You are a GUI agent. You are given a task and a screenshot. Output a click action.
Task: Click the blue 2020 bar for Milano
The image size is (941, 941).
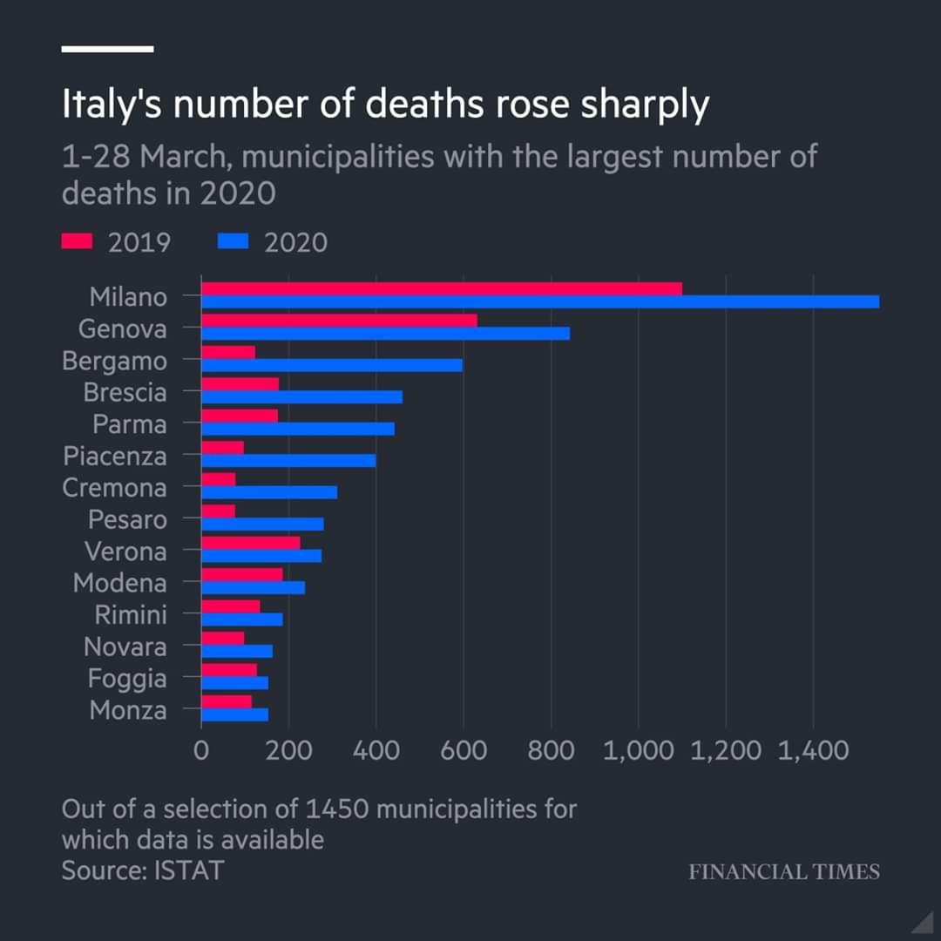point(540,301)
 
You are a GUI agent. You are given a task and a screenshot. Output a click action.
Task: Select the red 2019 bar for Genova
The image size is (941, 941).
point(339,320)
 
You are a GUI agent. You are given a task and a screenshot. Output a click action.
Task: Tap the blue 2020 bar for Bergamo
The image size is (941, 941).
point(332,365)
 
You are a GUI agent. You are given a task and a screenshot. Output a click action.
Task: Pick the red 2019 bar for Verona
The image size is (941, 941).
point(251,543)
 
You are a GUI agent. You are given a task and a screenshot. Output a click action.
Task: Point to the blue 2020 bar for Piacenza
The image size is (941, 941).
point(288,460)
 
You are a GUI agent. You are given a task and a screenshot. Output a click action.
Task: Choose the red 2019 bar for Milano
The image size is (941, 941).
point(442,288)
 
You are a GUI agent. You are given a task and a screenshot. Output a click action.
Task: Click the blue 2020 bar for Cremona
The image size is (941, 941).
point(269,492)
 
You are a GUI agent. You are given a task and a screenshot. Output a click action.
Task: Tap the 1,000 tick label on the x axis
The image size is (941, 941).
point(639,750)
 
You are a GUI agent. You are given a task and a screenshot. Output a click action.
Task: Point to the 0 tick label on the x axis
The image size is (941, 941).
point(201,750)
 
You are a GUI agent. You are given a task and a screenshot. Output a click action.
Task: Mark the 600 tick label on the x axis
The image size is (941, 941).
point(464,750)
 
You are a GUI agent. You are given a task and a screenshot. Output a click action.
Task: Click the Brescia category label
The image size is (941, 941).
point(125,393)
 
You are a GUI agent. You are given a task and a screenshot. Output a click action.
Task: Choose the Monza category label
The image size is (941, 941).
point(127,711)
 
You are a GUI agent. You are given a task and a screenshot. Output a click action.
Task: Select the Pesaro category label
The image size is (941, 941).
point(127,520)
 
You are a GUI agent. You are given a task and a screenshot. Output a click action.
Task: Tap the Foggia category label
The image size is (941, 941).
point(126,679)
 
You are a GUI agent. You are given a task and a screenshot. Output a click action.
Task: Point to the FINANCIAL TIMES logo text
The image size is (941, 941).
point(784,871)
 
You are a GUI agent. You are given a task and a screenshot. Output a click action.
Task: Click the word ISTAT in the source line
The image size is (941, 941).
point(189,870)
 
